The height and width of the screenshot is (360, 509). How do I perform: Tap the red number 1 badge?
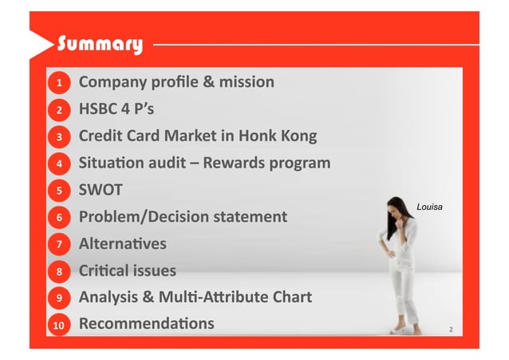58,83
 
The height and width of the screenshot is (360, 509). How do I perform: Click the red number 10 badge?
58,325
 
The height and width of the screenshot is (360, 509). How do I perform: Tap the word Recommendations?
146,323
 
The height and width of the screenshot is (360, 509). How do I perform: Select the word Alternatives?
123,243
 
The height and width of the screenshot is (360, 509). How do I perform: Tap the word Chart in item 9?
291,297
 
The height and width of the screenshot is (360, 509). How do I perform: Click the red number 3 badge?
58,137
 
